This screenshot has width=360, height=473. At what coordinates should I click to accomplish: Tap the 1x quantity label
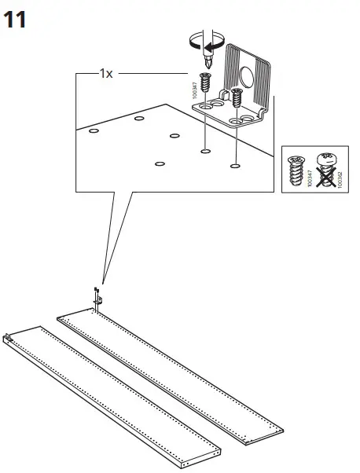tap(106, 73)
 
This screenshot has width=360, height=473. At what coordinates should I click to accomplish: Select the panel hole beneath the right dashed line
tap(234, 166)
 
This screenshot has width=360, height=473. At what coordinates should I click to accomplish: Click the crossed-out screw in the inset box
tap(326, 167)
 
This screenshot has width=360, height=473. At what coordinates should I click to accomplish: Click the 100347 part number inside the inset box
tap(310, 178)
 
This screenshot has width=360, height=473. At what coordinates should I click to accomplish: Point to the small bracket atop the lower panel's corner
tap(98, 298)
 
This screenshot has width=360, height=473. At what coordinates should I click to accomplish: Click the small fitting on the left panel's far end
tap(9, 339)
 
